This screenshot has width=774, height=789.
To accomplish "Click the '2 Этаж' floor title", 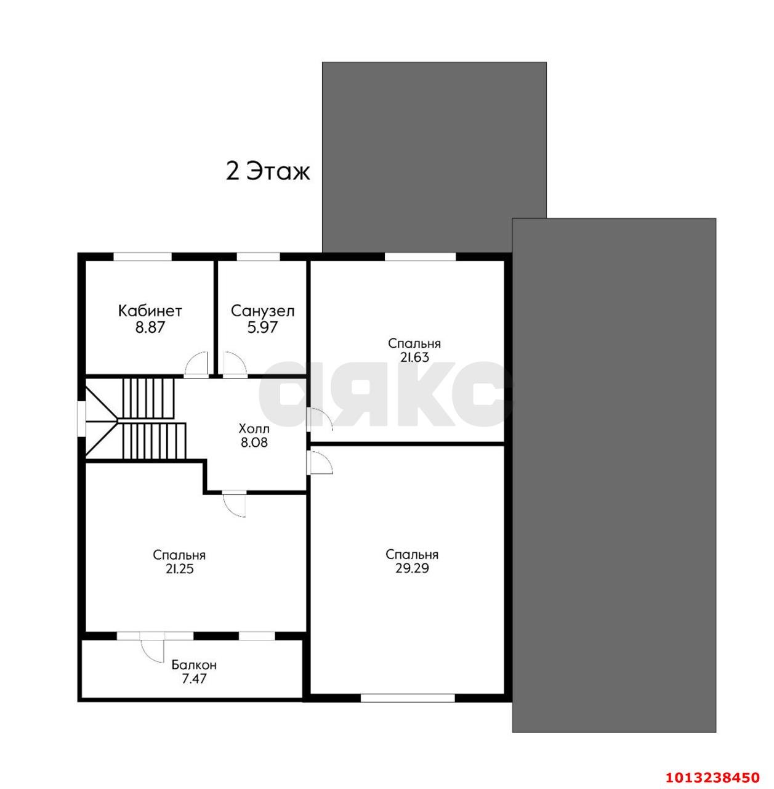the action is point(268,171).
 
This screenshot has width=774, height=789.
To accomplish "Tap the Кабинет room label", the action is point(150,311).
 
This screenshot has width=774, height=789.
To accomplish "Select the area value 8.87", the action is point(150,327).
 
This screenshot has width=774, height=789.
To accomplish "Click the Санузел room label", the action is point(263,311).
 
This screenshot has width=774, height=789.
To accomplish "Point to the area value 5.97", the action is point(262,327).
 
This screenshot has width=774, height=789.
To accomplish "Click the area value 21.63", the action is point(414,357).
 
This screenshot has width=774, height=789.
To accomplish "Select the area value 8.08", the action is point(254,442).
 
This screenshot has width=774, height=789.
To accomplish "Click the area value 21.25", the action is point(179,569).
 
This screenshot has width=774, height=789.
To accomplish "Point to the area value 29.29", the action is point(412,568).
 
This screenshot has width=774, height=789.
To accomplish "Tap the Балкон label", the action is point(194,665).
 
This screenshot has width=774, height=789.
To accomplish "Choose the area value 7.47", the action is point(194,679).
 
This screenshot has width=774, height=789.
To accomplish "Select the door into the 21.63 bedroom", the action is point(321,420).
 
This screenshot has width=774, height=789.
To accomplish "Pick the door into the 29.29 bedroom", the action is point(321,463).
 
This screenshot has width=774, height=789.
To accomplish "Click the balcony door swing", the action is point(152,647).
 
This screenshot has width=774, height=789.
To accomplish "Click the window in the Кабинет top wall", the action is point(142,256).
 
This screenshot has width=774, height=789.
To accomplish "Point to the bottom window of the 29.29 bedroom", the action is point(408,697).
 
